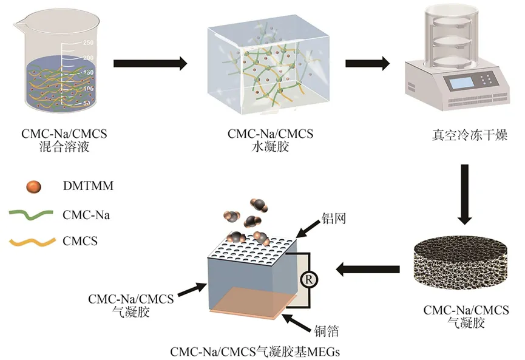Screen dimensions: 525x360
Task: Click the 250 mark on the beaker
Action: coord(89,42)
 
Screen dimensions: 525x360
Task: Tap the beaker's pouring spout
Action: coord(19,24)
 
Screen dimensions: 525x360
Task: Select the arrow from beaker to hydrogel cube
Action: coord(151,63)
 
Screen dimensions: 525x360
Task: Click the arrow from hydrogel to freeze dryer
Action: coord(368,63)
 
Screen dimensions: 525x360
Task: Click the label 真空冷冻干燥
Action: coord(470,135)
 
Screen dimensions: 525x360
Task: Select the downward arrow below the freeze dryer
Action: coord(464,194)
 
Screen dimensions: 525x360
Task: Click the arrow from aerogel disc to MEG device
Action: coord(368,269)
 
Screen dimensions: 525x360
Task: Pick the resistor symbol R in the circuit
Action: coord(309,279)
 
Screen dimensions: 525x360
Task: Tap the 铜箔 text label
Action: coord(327,331)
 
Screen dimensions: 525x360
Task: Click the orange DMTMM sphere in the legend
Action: coord(34,186)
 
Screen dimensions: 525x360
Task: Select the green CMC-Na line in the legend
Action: coord(31,215)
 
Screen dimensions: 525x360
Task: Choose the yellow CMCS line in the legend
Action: coord(32,242)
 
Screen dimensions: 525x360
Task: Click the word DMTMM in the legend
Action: coord(88,186)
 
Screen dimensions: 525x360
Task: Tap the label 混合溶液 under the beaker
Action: coord(64,147)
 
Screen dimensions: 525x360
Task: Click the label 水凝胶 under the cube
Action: coord(270,147)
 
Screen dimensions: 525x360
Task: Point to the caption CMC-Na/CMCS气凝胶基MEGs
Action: coord(255,352)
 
